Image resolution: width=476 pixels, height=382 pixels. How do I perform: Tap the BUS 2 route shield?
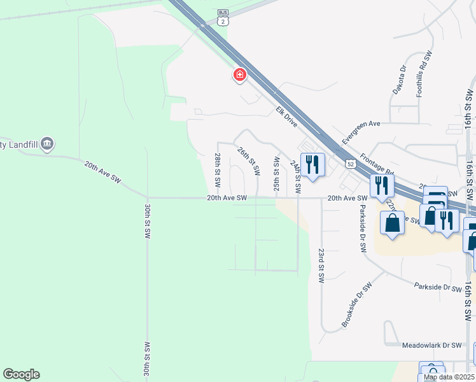222,17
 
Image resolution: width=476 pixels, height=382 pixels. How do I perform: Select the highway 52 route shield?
351,164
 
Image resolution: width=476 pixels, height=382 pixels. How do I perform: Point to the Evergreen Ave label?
360,132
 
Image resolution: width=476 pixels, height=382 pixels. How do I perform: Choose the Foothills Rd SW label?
423,74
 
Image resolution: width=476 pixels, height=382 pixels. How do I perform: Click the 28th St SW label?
218,169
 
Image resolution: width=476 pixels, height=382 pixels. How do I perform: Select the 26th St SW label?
249,161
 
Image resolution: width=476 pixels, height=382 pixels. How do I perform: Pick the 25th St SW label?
277,174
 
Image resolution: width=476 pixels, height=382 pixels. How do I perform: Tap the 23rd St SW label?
321,265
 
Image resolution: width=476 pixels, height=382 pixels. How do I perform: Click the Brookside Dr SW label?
355,308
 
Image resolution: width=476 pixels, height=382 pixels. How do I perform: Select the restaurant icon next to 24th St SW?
312,166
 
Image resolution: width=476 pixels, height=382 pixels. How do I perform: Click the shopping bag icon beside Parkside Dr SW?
392,223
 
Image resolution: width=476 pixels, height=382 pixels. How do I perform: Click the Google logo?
21,374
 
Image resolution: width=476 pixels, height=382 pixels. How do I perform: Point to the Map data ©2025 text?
449,377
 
